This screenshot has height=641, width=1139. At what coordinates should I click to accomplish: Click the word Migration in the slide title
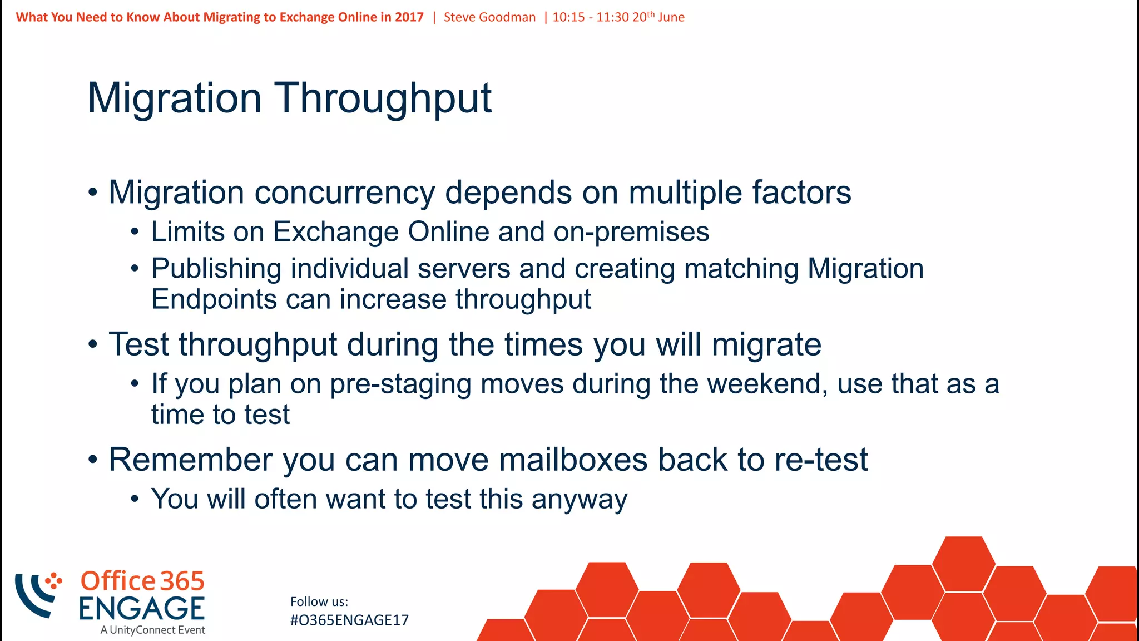[174, 98]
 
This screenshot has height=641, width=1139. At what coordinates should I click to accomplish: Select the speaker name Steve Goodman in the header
[489, 17]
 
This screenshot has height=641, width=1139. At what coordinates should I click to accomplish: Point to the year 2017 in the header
[409, 17]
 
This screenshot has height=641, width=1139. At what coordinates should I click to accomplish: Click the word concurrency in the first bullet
[344, 193]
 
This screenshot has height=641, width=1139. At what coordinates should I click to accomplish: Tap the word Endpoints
[214, 299]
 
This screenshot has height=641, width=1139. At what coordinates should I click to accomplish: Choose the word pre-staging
[400, 385]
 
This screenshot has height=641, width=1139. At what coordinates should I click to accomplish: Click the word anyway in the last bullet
[579, 500]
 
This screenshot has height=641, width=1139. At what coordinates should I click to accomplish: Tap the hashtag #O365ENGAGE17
[349, 620]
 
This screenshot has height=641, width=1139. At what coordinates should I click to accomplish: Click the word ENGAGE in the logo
[142, 608]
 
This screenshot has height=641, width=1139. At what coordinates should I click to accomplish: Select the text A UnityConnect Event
[153, 630]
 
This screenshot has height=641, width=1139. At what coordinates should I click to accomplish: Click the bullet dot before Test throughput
[93, 346]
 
